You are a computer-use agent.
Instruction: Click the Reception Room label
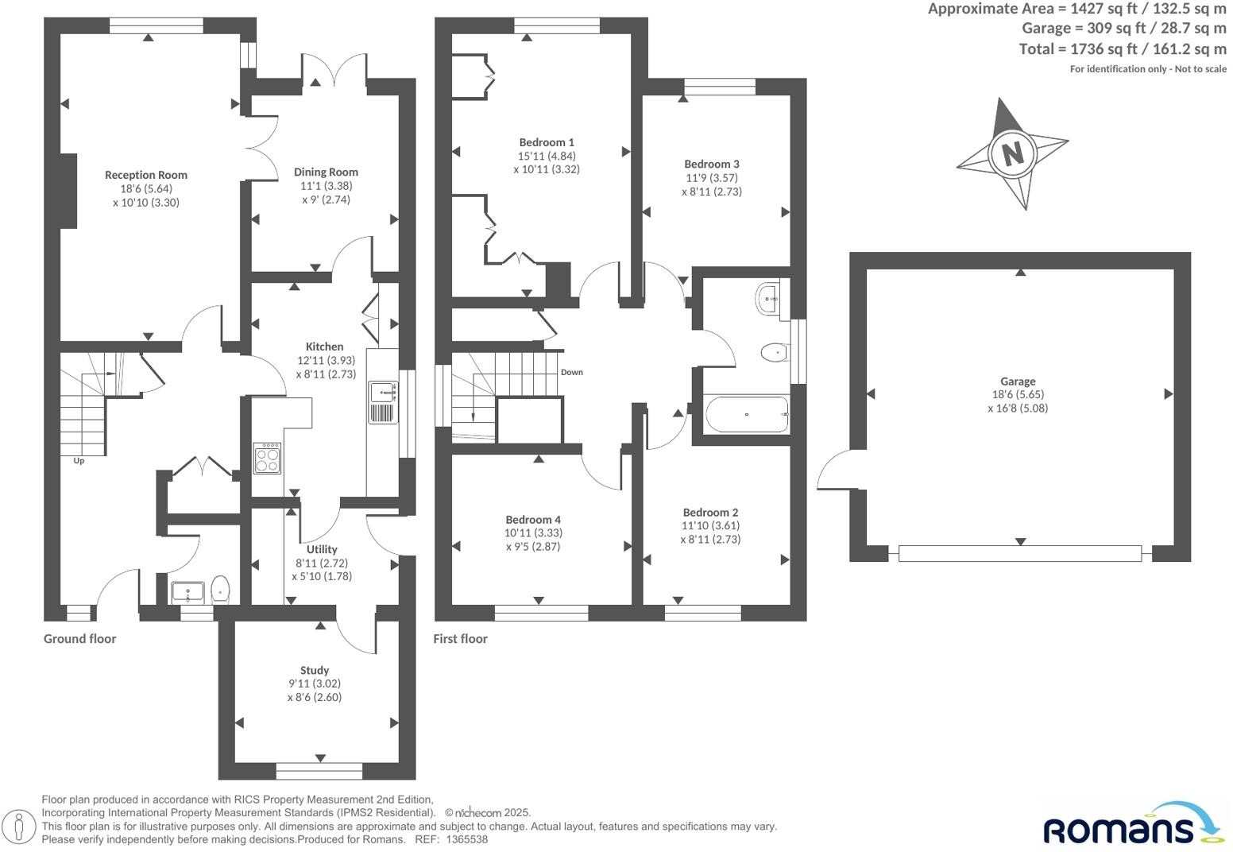pyautogui.click(x=146, y=175)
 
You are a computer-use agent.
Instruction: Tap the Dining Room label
pyautogui.click(x=326, y=172)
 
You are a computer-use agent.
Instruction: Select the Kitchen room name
pyautogui.click(x=325, y=347)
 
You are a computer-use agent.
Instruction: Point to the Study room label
pyautogui.click(x=315, y=670)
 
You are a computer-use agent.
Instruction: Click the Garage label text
pyautogui.click(x=1018, y=381)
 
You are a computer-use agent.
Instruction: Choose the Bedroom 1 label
pyautogui.click(x=547, y=143)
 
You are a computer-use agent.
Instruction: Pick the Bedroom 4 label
pyautogui.click(x=533, y=520)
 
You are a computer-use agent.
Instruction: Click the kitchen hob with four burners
pyautogui.click(x=267, y=458)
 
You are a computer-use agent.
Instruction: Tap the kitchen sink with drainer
pyautogui.click(x=384, y=402)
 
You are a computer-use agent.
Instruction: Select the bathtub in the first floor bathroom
pyautogui.click(x=746, y=414)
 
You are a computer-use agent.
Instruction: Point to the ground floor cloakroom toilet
pyautogui.click(x=221, y=590)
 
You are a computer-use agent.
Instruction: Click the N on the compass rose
pyautogui.click(x=1012, y=152)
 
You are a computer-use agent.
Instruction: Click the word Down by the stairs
pyautogui.click(x=571, y=372)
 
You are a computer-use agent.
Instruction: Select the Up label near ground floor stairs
pyautogui.click(x=79, y=461)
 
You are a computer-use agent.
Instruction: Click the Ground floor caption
pyautogui.click(x=79, y=639)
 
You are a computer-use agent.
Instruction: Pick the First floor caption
pyautogui.click(x=460, y=639)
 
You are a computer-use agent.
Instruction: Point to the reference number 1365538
pyautogui.click(x=467, y=839)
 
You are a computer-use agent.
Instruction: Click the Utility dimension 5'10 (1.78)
pyautogui.click(x=322, y=576)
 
